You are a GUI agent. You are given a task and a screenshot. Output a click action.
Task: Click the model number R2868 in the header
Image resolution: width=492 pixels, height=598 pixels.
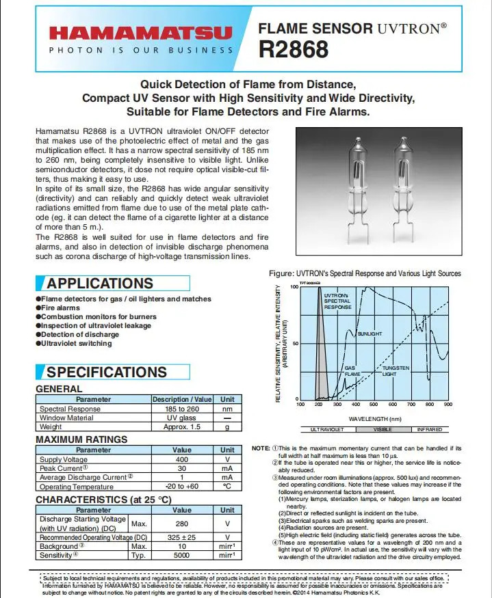294,49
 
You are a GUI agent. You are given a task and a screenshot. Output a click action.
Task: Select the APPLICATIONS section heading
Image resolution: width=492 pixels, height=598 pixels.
100,283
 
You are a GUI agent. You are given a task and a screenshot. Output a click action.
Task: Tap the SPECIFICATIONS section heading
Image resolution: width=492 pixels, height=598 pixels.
106,372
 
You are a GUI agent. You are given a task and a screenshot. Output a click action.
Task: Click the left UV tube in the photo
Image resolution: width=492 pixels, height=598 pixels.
362,178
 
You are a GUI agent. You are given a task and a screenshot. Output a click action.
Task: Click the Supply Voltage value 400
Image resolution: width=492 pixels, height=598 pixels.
181,459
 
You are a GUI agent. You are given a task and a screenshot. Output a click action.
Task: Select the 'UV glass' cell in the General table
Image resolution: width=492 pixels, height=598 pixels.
181,418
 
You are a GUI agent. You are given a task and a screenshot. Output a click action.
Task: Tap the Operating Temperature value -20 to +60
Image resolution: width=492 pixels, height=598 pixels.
181,487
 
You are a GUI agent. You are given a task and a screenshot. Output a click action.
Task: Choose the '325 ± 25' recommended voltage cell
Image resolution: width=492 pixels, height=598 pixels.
181,537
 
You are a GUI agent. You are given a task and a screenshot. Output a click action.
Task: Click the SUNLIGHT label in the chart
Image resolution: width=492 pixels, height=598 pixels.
370,334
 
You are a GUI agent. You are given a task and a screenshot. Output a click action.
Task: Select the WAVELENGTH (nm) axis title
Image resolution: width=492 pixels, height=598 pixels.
375,418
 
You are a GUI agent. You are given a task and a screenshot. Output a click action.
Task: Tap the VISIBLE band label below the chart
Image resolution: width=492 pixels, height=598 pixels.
383,429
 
